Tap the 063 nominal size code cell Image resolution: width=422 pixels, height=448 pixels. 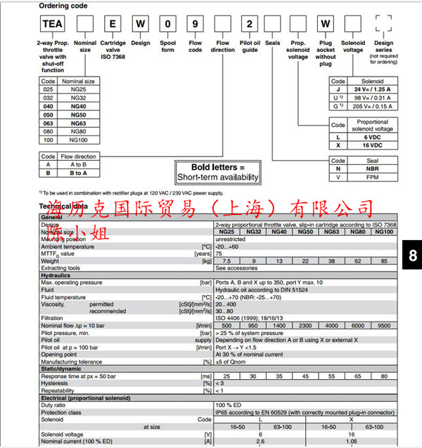48,123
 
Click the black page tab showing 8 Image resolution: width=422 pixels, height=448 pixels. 412,255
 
